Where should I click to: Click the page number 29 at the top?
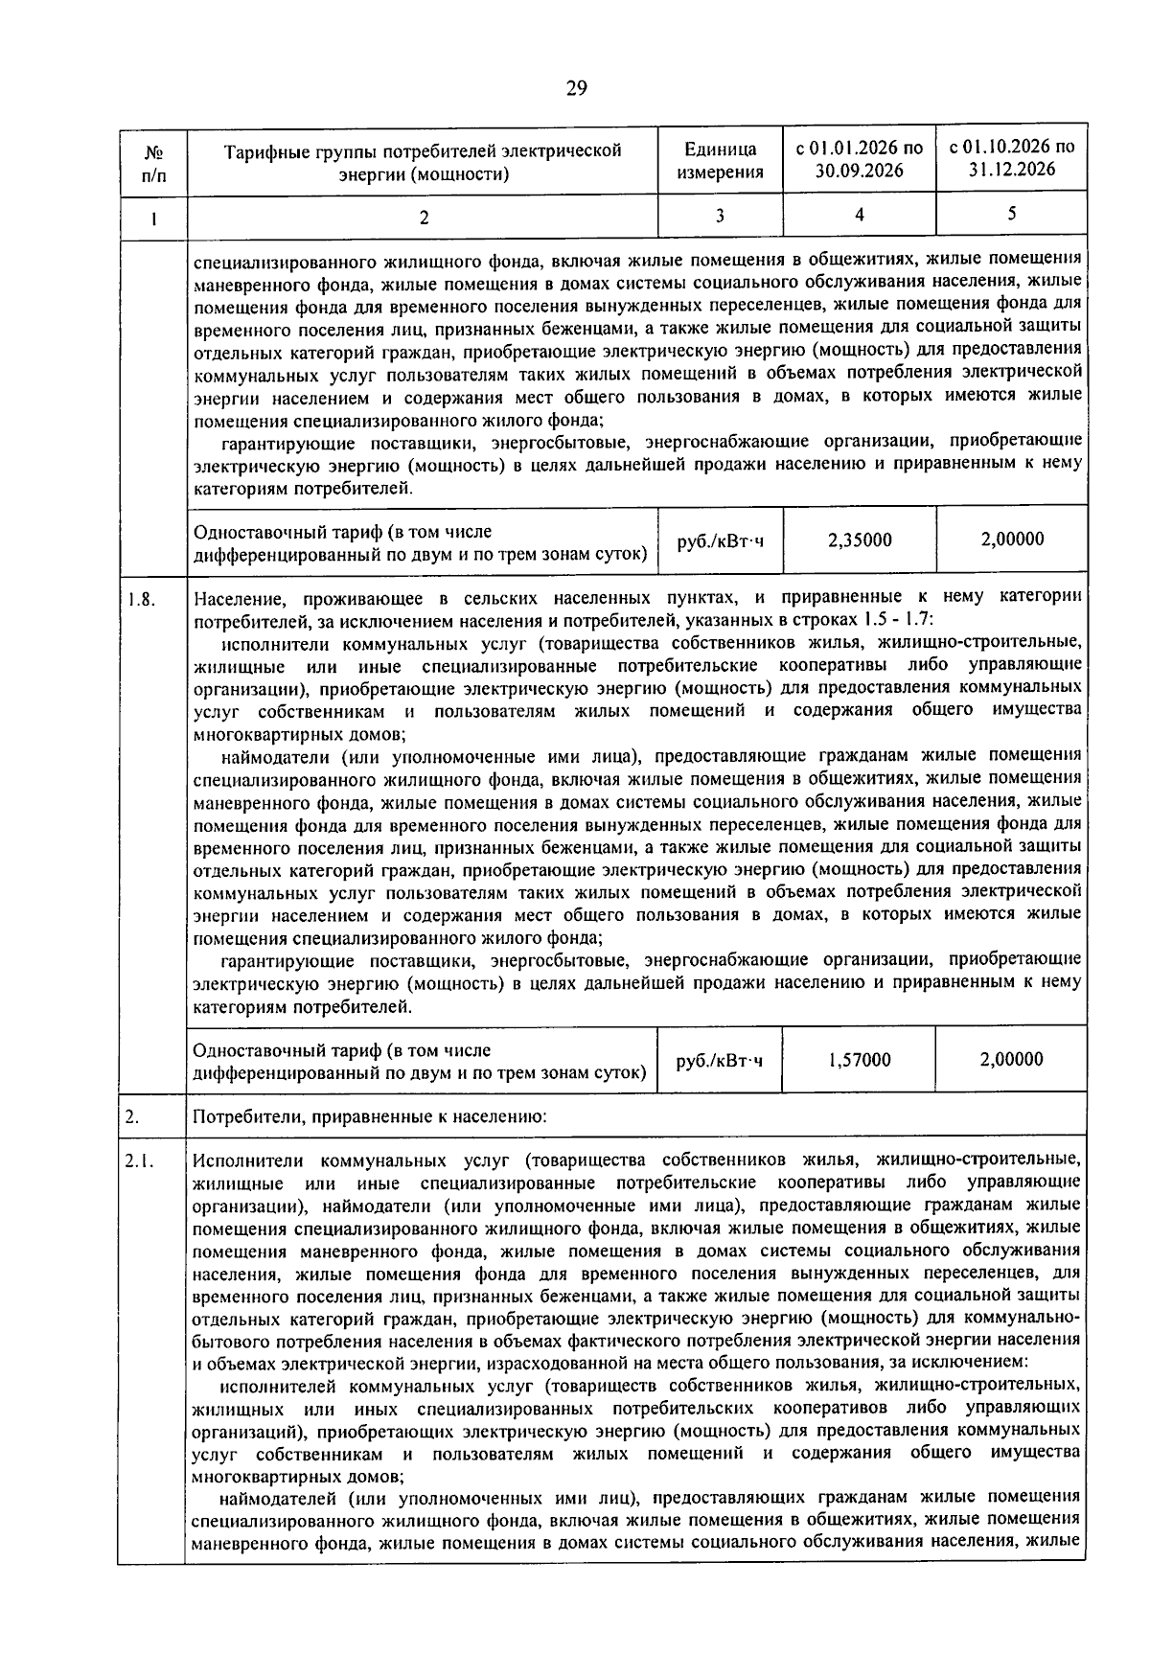pos(576,89)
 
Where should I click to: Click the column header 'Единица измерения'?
pos(720,161)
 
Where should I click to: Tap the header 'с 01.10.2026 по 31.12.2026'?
pos(1011,158)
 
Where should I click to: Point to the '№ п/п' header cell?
pos(152,161)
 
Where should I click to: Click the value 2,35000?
pos(859,540)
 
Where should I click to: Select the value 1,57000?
pos(859,1060)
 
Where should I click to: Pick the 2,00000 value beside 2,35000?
pos(1011,540)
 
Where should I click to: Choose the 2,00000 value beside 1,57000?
pos(1011,1060)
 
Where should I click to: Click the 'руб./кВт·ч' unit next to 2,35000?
pos(720,541)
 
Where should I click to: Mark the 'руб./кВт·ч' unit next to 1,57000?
pos(720,1061)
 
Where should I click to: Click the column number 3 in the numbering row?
pos(720,216)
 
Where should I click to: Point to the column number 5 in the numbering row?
pos(1011,215)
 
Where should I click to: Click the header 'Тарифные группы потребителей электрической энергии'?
pos(423,161)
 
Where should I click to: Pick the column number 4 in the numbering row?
pos(859,215)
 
